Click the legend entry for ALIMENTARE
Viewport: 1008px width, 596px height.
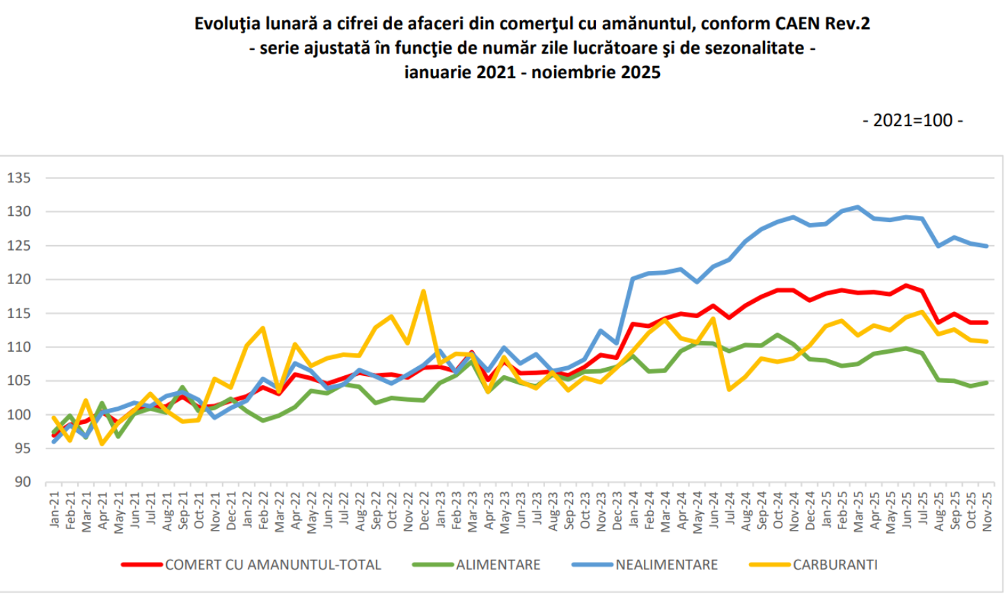[498, 565]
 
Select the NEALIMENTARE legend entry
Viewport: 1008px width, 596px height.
[666, 565]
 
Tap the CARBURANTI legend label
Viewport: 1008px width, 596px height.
[835, 565]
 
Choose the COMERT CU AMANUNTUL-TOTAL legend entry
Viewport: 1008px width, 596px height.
[273, 565]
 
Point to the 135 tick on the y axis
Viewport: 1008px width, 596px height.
[19, 178]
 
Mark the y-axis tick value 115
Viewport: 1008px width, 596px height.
[19, 313]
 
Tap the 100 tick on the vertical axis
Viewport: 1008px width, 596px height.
[19, 415]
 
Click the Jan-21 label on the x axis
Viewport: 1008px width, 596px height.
[55, 512]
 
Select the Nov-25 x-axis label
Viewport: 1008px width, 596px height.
[986, 512]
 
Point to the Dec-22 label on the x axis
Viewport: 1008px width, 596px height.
[424, 512]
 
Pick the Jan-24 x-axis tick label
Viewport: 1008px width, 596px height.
[633, 512]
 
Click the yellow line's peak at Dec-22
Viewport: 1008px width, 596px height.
[423, 291]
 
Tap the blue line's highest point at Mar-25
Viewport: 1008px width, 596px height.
[858, 207]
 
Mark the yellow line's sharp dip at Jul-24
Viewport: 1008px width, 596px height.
[729, 389]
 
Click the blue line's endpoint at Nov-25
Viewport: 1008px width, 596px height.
[986, 246]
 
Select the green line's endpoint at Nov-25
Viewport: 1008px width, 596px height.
[986, 382]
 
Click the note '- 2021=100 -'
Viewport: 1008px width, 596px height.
[913, 120]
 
